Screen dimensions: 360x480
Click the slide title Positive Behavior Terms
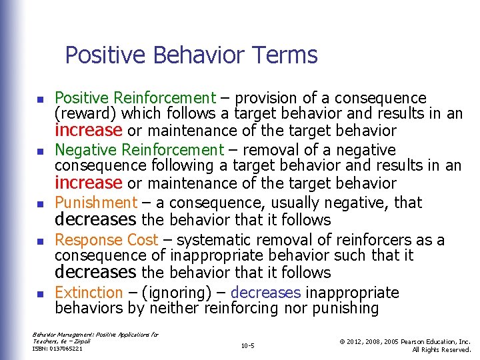point(191,55)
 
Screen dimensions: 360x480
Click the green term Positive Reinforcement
point(135,98)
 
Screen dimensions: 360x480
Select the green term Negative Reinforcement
point(139,150)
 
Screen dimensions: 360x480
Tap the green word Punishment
point(95,203)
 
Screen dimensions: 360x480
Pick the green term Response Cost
point(106,240)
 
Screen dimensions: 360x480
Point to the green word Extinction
point(89,293)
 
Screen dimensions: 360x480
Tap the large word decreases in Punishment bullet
point(95,220)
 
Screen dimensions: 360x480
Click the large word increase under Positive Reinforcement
point(89,130)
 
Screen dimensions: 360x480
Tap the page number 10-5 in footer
point(248,345)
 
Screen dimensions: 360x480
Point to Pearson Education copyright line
point(404,341)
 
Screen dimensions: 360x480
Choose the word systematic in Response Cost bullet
point(209,240)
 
